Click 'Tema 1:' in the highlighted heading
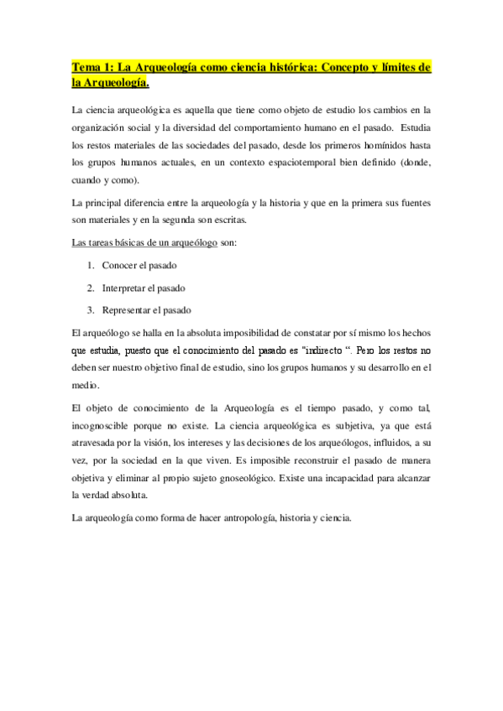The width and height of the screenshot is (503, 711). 93,67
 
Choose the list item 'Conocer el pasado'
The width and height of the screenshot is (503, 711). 139,265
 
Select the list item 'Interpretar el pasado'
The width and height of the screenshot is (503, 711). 144,288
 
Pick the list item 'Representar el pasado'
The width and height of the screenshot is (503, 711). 146,309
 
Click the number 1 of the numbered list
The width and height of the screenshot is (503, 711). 90,265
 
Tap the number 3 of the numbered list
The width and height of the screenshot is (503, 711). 90,309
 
